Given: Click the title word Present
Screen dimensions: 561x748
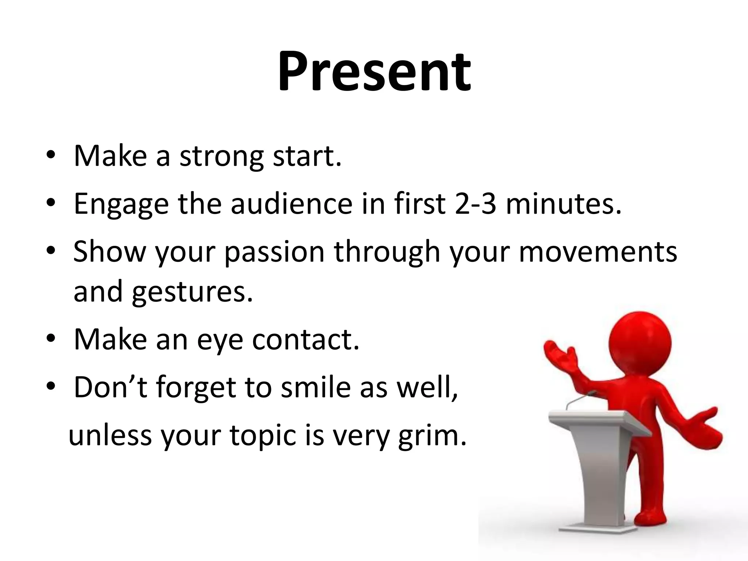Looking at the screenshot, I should point(374,71).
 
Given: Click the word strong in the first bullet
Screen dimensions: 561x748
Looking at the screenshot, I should point(221,156).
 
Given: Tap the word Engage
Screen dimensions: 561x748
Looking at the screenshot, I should point(121,204).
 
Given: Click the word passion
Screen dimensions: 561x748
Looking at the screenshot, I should point(274,252).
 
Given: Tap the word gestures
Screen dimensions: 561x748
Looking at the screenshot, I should point(192,291).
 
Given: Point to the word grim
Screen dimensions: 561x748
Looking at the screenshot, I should point(432,435).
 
